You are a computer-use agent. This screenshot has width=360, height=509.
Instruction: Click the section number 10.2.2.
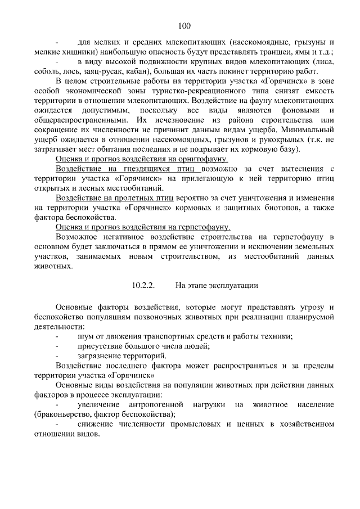pyautogui.click(x=144, y=286)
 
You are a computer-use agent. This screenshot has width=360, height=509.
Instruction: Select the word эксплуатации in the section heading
pyautogui.click(x=233, y=286)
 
